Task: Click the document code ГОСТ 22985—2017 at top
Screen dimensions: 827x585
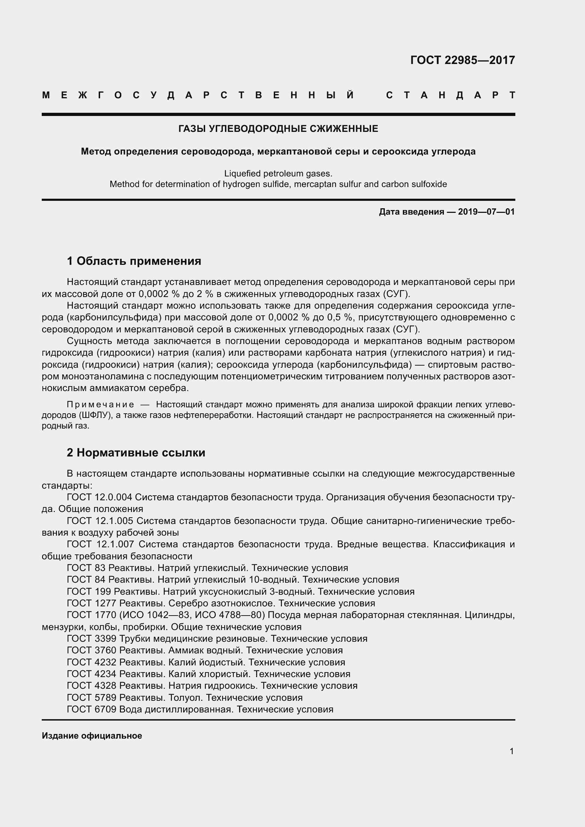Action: click(462, 60)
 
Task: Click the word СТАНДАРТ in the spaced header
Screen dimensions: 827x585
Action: click(450, 95)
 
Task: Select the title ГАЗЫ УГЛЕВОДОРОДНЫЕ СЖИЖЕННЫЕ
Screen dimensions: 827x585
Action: click(278, 129)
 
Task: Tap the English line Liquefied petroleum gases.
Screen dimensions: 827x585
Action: click(278, 174)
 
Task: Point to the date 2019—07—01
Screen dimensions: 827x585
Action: click(486, 212)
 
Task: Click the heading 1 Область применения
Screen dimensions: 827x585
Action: click(134, 261)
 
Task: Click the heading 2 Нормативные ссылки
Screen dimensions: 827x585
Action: click(136, 453)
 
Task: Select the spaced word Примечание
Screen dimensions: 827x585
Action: click(100, 405)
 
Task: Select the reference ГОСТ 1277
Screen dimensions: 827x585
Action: click(92, 603)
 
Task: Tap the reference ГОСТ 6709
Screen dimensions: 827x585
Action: click(92, 710)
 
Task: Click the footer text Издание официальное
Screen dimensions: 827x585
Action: click(92, 736)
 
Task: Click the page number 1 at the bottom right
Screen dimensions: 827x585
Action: click(511, 751)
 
